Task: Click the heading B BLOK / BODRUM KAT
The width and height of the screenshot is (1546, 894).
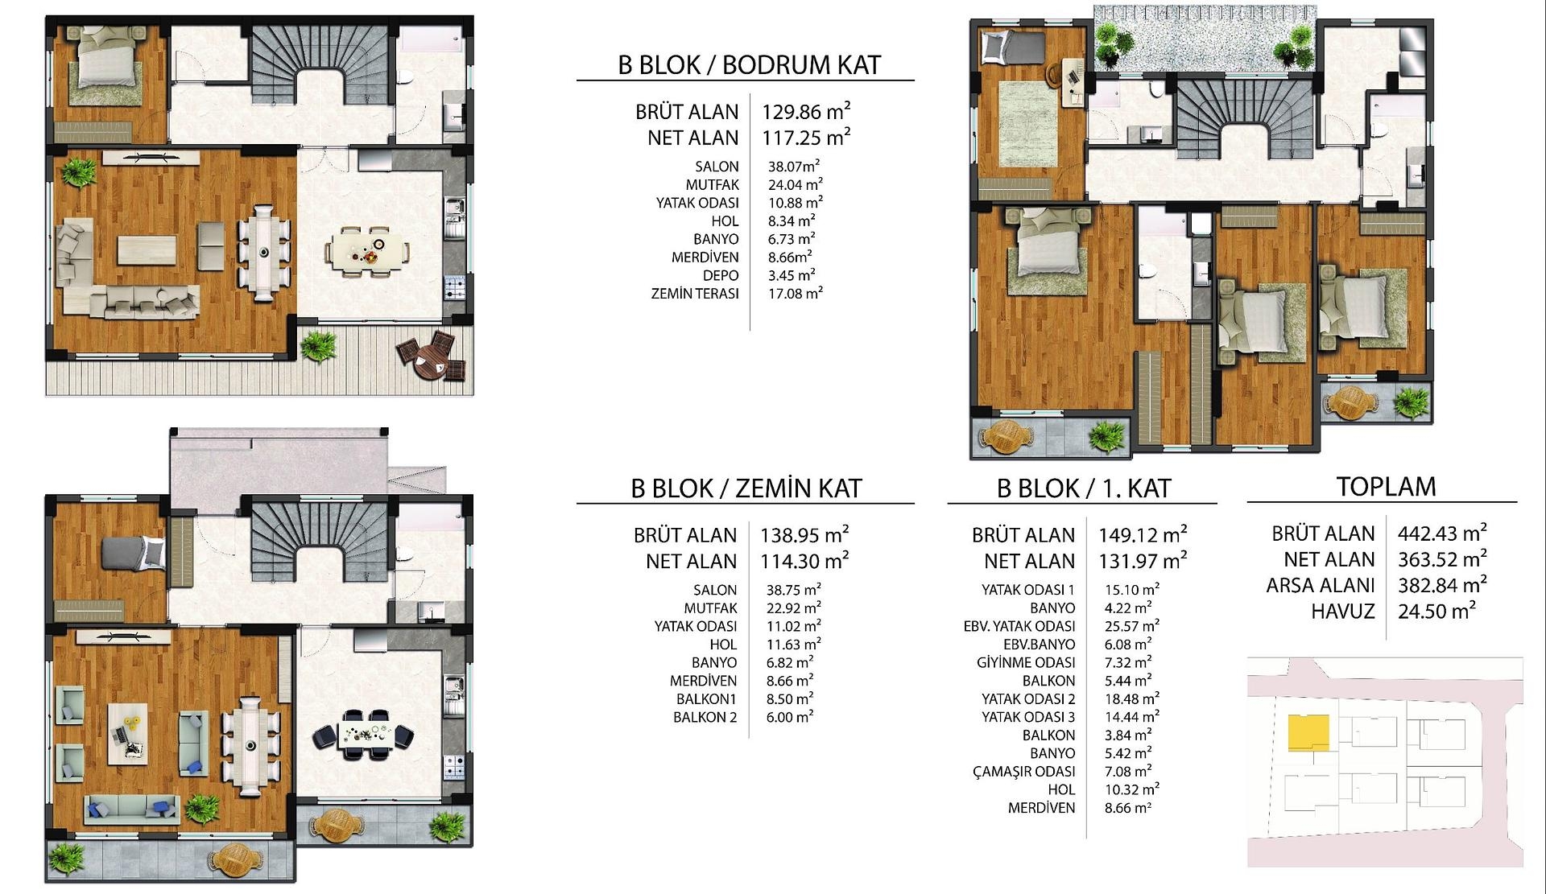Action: (749, 65)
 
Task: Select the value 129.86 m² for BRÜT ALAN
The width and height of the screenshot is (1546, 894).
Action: (806, 112)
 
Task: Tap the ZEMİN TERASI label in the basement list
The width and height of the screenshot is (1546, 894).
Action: (695, 294)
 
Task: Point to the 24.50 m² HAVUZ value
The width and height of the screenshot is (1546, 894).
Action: (1436, 611)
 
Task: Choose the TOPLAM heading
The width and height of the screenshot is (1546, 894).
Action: (1386, 487)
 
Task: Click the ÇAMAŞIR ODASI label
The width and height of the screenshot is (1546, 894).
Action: (1023, 772)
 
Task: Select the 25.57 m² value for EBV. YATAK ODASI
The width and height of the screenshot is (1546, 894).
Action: (1131, 626)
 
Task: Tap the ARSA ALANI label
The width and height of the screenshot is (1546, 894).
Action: (1320, 585)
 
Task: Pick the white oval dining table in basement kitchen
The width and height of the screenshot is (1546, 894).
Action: (366, 250)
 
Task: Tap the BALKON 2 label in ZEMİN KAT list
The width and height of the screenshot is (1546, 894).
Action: (705, 717)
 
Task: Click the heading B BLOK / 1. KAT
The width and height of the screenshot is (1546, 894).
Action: (1083, 488)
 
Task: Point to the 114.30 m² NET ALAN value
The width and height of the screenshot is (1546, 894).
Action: (804, 561)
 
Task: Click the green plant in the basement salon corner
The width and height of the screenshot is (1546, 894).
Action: (79, 171)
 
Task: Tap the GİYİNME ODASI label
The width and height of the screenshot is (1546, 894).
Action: (1026, 662)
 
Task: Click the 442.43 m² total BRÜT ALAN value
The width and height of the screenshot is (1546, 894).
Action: (1441, 534)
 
